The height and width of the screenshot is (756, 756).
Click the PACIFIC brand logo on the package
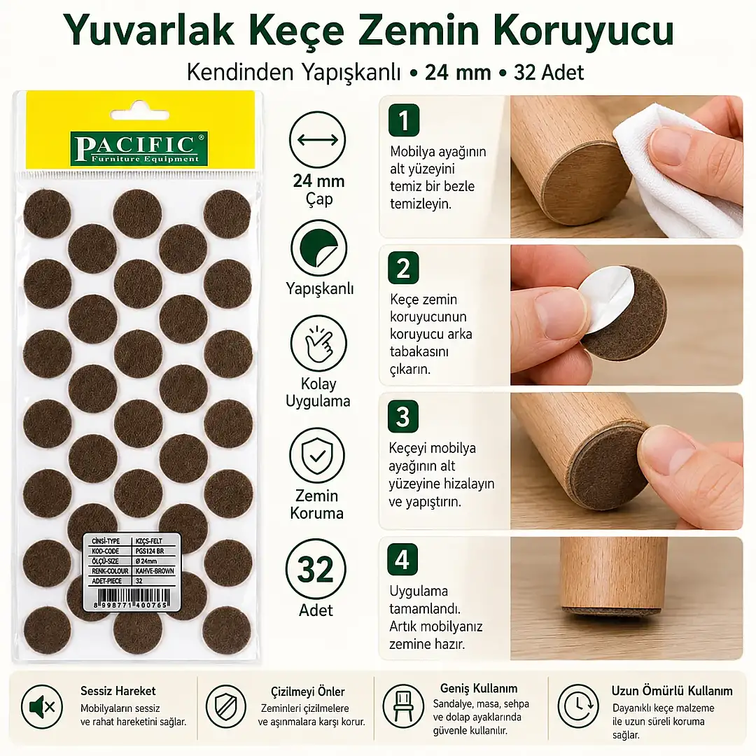[139, 149]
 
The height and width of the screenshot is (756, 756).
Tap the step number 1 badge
[404, 120]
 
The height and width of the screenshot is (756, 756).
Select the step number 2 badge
[403, 268]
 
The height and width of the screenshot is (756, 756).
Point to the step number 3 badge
[402, 416]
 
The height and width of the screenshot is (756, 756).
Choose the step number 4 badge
[402, 560]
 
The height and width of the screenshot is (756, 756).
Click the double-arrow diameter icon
[318, 140]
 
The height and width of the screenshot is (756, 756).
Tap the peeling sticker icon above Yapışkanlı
[318, 248]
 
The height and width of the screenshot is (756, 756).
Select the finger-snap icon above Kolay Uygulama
[318, 343]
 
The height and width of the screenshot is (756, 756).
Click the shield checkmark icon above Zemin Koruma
[317, 456]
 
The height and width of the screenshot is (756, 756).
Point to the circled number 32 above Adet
[316, 569]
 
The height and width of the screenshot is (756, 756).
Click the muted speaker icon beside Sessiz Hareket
[42, 707]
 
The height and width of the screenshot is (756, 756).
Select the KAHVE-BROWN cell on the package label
[155, 571]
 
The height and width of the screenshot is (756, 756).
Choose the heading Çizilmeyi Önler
[307, 692]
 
